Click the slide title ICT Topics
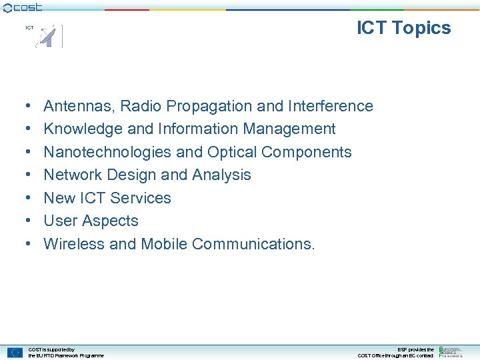(403, 28)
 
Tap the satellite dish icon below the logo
(49, 36)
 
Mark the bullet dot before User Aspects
(26, 221)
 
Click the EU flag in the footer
(15, 352)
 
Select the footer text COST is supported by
(51, 349)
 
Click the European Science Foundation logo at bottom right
(451, 352)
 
